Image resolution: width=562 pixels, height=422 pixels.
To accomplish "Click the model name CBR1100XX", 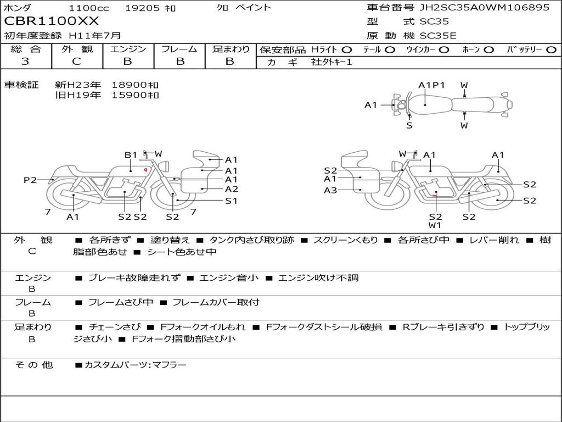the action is [51, 21].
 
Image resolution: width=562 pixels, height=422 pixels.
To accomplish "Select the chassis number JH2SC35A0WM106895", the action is [484, 8].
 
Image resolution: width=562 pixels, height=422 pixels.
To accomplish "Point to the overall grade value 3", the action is [25, 62].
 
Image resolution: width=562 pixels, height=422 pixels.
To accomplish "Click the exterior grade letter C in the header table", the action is [76, 62].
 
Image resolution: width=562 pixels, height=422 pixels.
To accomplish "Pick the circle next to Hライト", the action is [347, 50].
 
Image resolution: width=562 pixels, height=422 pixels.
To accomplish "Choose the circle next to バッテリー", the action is [551, 50].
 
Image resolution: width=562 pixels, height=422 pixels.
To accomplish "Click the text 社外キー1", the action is [331, 62].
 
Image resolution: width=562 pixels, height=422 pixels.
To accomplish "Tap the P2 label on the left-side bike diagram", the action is [30, 180].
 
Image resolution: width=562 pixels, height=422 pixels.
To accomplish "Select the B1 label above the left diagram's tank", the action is [131, 155].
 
